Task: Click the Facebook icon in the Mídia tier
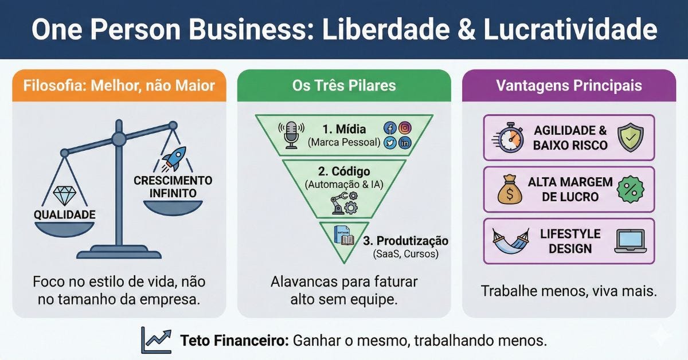[x=390, y=128]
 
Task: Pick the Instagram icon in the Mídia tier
[x=405, y=128]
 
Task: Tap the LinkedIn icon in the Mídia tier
[x=405, y=143]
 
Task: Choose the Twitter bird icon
[x=390, y=143]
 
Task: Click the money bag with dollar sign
[x=510, y=190]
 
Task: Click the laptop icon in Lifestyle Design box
[x=630, y=241]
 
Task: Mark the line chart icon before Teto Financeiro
[x=157, y=341]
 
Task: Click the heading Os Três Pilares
[x=344, y=86]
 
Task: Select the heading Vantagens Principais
[x=569, y=86]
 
